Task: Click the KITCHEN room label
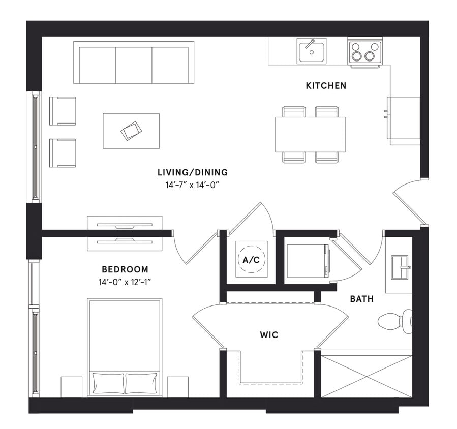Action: (326, 86)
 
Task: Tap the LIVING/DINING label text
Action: (192, 173)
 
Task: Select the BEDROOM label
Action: (125, 269)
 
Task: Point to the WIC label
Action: (269, 335)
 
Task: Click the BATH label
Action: (361, 299)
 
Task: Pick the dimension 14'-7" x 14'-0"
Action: (192, 186)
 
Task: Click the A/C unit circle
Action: (251, 260)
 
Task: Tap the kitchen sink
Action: (312, 51)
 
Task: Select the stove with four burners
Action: (364, 51)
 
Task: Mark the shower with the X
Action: (367, 376)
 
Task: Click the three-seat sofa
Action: (134, 63)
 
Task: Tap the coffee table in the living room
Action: (131, 131)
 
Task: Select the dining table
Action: (310, 134)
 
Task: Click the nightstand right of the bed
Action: (177, 387)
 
